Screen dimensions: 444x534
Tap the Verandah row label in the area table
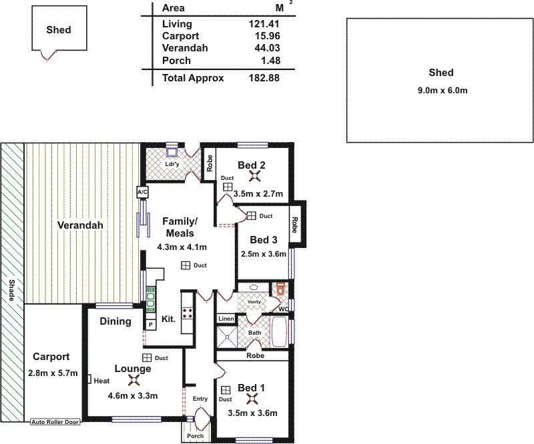coord(184,48)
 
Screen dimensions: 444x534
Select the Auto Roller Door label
coord(55,422)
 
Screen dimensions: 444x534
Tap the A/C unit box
coord(142,192)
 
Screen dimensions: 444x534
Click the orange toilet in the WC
coord(281,290)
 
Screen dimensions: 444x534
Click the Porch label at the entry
coord(195,437)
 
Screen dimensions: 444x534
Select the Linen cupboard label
coord(226,319)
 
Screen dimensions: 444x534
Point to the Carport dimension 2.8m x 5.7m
coord(53,373)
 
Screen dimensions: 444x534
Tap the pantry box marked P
coord(151,325)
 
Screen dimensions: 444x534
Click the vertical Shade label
coord(11,290)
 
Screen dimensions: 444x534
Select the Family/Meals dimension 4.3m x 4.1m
coord(182,246)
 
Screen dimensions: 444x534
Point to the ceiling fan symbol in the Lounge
coord(133,382)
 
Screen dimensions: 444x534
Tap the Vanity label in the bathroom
coord(254,302)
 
